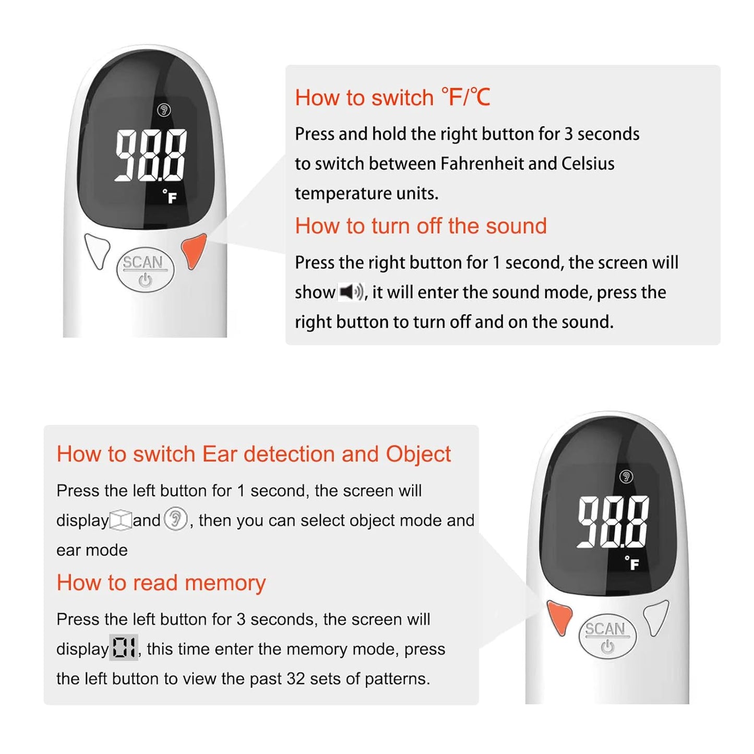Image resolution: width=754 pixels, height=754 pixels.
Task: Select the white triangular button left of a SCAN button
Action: pos(98,250)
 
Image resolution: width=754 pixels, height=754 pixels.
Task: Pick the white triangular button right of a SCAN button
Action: pos(656,616)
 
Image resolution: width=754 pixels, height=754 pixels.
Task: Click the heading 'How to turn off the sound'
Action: pos(421,226)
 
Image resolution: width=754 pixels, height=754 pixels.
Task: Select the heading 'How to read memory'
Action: pos(161,582)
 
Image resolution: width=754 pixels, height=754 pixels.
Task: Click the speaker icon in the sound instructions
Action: pos(351,292)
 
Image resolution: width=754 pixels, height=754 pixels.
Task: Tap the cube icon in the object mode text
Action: pos(121,520)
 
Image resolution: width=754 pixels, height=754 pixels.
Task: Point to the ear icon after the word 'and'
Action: pos(175,520)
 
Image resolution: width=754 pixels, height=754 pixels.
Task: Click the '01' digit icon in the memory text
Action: pos(124,648)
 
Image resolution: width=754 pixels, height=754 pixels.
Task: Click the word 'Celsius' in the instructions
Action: pos(588,163)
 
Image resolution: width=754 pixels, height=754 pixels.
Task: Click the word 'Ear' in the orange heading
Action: pos(220,454)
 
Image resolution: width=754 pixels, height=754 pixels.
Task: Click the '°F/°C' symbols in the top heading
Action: pos(465,98)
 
